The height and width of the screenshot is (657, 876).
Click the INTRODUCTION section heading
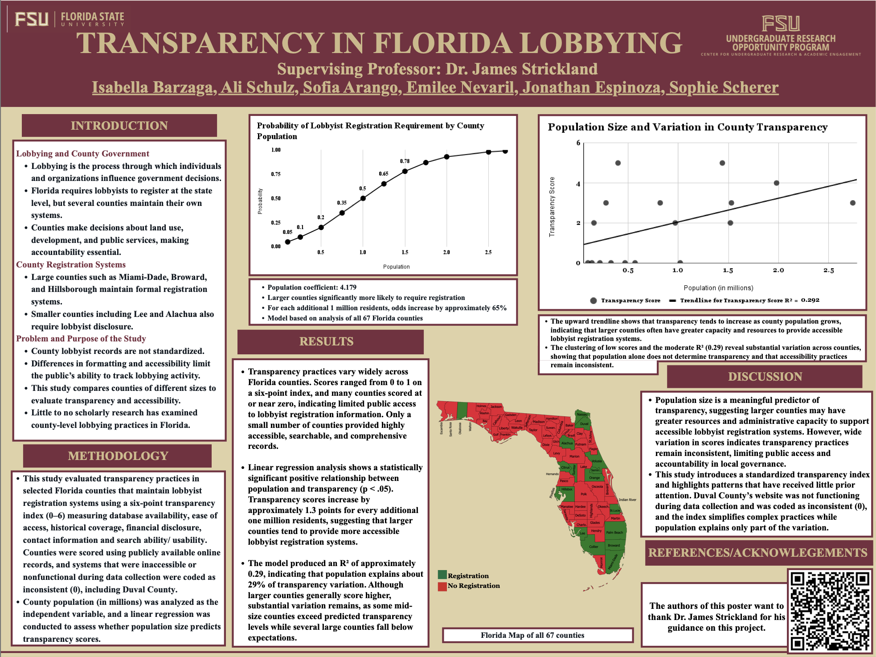(x=119, y=126)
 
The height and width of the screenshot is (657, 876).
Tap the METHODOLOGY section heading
(x=118, y=456)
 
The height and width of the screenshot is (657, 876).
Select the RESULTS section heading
(x=326, y=341)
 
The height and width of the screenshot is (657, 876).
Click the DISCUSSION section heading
(x=765, y=377)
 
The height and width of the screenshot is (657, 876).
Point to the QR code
(x=830, y=610)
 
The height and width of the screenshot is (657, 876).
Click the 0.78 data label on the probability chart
(x=405, y=161)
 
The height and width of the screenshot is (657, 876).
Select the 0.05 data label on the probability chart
(x=287, y=232)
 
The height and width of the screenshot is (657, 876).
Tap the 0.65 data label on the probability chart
(x=384, y=173)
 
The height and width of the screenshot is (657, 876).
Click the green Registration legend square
(x=442, y=575)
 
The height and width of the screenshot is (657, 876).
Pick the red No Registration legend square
(x=442, y=586)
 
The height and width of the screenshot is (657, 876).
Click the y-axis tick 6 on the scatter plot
(x=578, y=143)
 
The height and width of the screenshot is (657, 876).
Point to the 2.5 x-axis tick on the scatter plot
(x=829, y=271)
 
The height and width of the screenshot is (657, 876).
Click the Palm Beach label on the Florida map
(x=614, y=533)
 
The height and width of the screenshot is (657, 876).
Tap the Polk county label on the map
(x=584, y=494)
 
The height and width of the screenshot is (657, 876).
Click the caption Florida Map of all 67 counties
(x=532, y=635)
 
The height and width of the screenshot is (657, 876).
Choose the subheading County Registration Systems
(x=71, y=265)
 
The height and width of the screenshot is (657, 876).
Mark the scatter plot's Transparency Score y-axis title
(x=552, y=206)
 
